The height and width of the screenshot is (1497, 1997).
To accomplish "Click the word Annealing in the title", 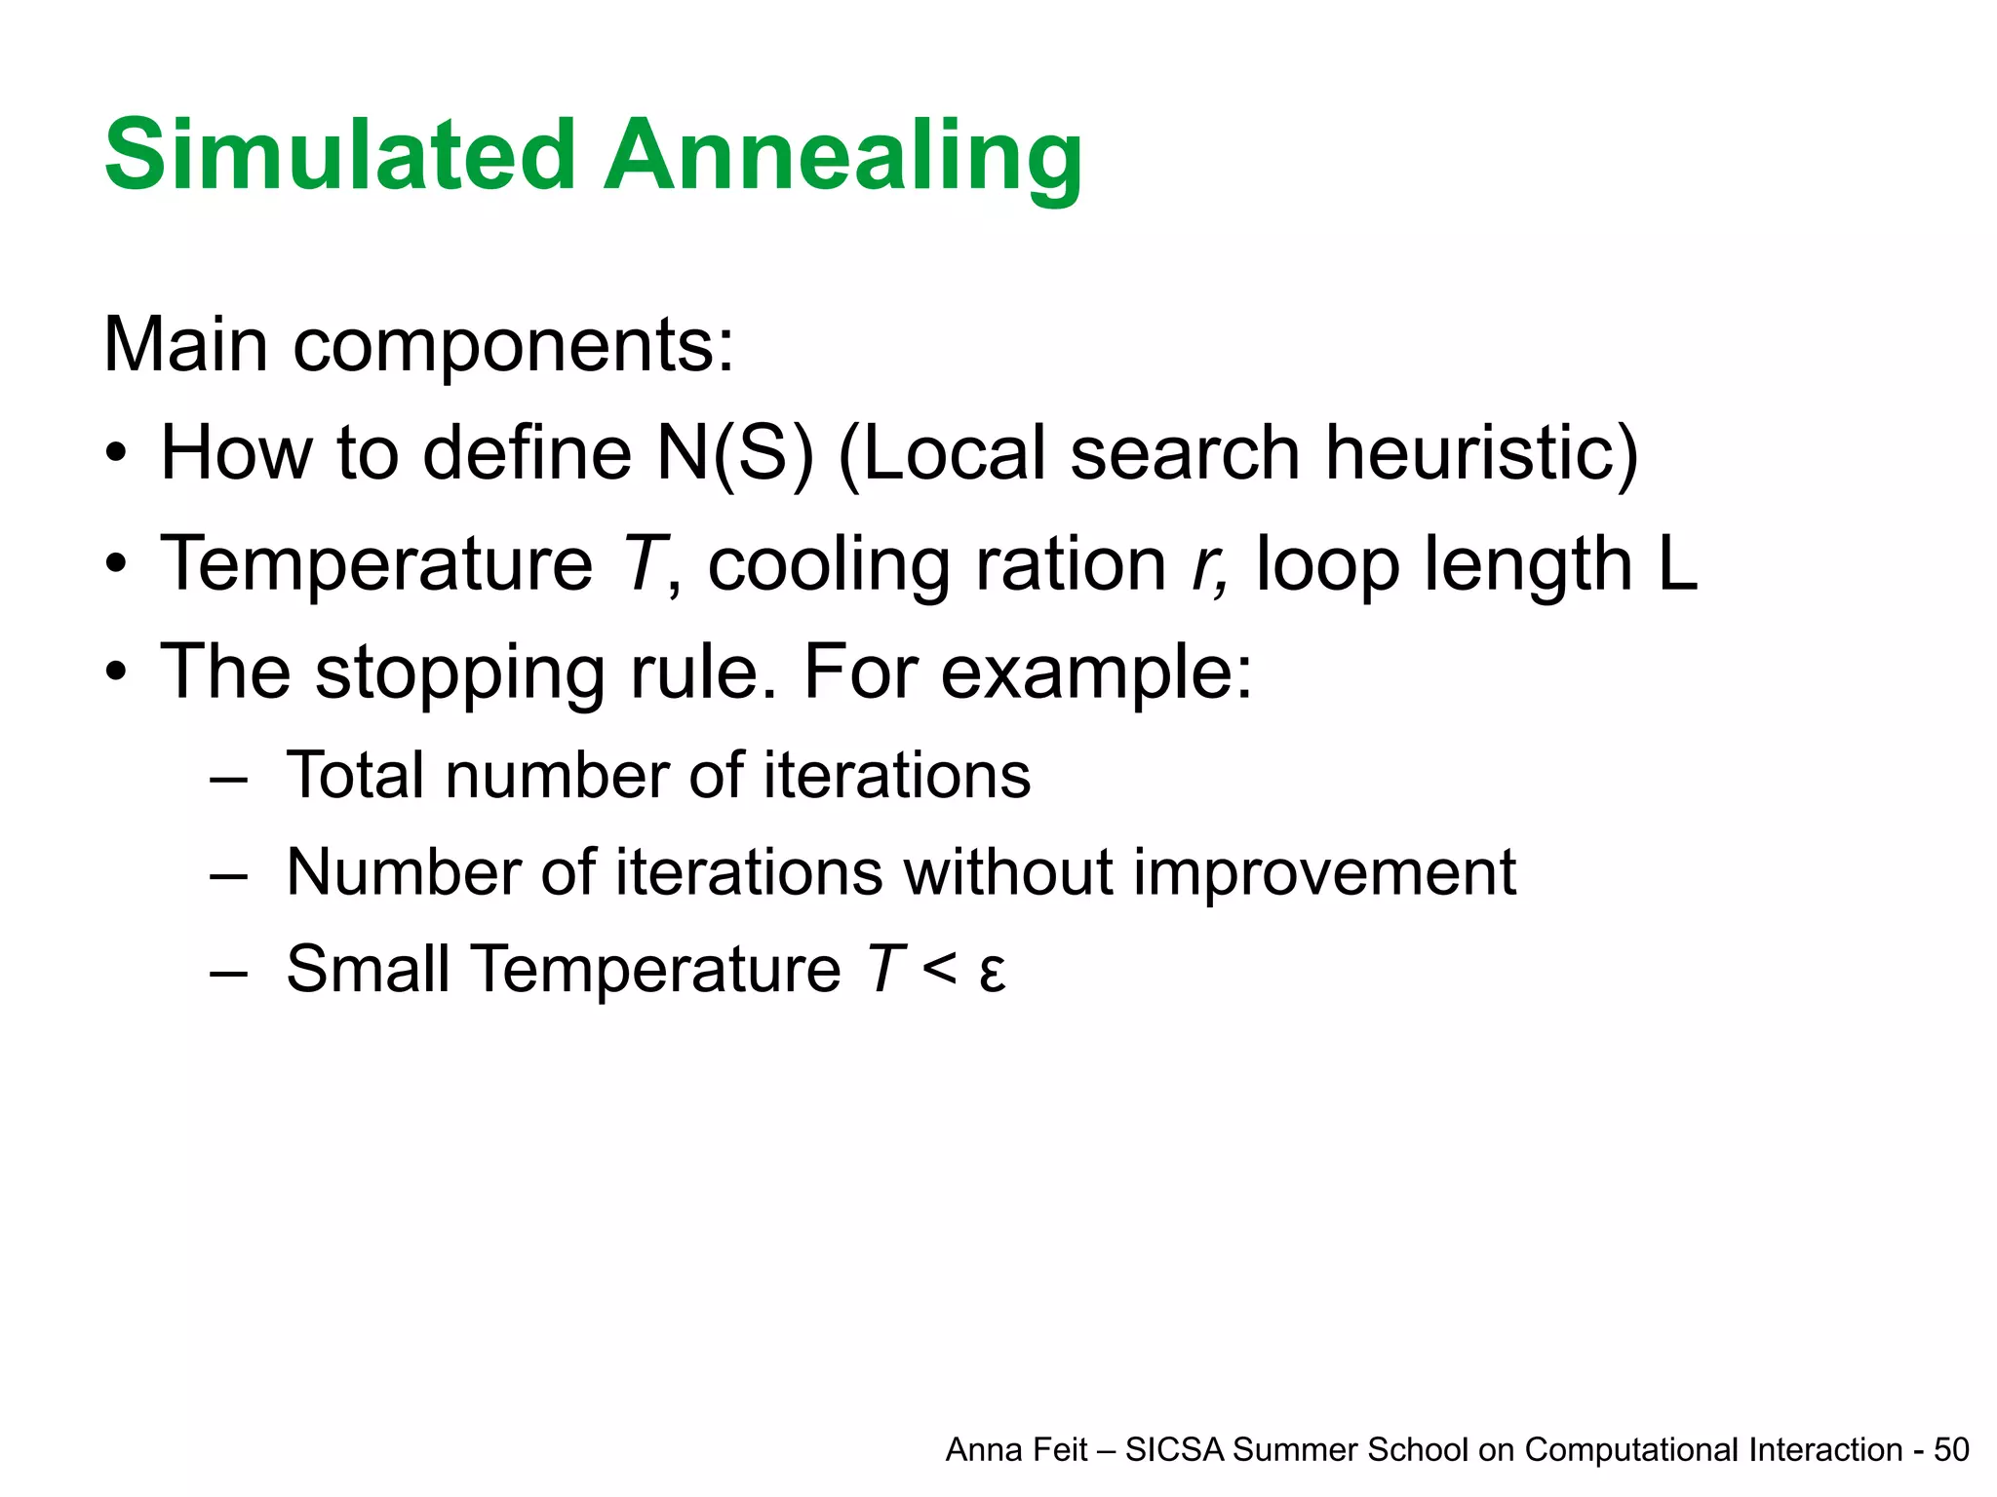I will pyautogui.click(x=842, y=156).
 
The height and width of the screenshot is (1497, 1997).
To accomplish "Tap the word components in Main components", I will pyautogui.click(x=513, y=346).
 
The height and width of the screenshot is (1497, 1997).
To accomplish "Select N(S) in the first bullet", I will pyautogui.click(x=734, y=453).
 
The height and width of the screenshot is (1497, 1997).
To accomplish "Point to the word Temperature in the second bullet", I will pyautogui.click(x=376, y=563).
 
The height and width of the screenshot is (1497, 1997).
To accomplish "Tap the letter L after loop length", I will pyautogui.click(x=1678, y=563).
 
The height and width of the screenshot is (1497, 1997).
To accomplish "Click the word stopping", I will pyautogui.click(x=459, y=672).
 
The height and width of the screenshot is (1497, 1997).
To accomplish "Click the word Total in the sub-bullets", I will pyautogui.click(x=356, y=776).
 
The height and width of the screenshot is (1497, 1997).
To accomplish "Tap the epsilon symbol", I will pyautogui.click(x=992, y=973).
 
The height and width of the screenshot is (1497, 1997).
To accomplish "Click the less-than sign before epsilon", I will pyautogui.click(x=938, y=969).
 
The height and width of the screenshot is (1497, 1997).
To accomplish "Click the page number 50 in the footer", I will pyautogui.click(x=1951, y=1450).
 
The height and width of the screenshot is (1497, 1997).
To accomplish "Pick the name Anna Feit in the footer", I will pyautogui.click(x=1016, y=1450).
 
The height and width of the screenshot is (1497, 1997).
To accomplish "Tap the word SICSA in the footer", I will pyautogui.click(x=1174, y=1450).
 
